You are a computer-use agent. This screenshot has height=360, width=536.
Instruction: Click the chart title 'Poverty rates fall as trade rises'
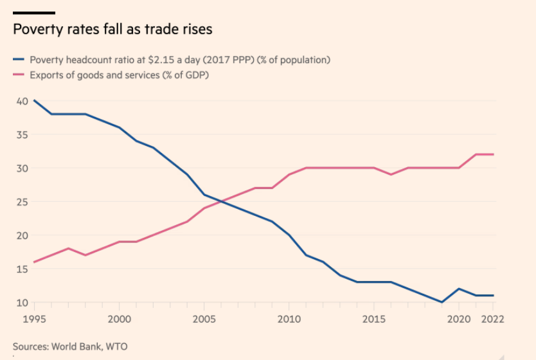[x=112, y=30]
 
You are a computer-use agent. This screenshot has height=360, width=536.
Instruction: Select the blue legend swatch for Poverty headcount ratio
[x=18, y=60]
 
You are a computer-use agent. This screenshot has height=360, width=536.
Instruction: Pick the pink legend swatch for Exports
[x=18, y=75]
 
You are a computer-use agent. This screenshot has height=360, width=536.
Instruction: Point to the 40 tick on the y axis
[x=21, y=101]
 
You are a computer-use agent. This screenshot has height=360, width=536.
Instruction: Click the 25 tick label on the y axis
[x=21, y=202]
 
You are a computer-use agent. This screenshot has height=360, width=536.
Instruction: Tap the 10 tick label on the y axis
[x=21, y=302]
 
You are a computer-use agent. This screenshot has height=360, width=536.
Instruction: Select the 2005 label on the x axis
[x=204, y=318]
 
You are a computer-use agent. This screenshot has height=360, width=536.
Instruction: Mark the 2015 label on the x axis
[x=374, y=318]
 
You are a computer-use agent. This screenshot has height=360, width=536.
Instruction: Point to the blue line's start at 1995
[x=34, y=101]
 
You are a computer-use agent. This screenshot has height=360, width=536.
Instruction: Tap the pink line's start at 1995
[x=34, y=262]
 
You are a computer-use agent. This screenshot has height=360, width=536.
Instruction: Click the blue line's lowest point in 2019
[x=442, y=302]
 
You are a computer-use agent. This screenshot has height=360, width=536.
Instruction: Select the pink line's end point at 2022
[x=493, y=154]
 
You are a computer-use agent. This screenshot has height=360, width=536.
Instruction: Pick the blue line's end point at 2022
[x=493, y=295]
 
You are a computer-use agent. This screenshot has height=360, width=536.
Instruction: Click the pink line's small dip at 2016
[x=391, y=174]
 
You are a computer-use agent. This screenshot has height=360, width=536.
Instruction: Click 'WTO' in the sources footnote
[x=117, y=346]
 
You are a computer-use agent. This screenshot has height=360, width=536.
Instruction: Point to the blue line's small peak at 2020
[x=459, y=289]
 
